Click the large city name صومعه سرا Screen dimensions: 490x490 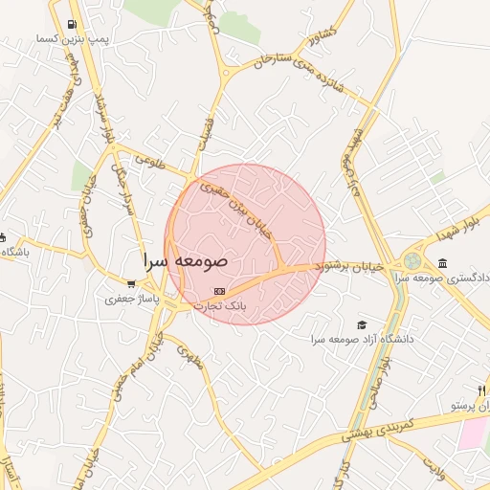click(x=185, y=260)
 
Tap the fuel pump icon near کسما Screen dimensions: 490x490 click(x=74, y=26)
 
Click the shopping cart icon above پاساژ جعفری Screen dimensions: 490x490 click(x=131, y=284)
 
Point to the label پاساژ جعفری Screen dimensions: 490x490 click(x=127, y=299)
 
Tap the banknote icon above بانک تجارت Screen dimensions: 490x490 click(x=219, y=290)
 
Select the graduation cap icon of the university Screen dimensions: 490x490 click(x=362, y=325)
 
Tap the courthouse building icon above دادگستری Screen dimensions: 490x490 click(x=441, y=263)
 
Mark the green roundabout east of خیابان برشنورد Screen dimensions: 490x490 click(x=412, y=260)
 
